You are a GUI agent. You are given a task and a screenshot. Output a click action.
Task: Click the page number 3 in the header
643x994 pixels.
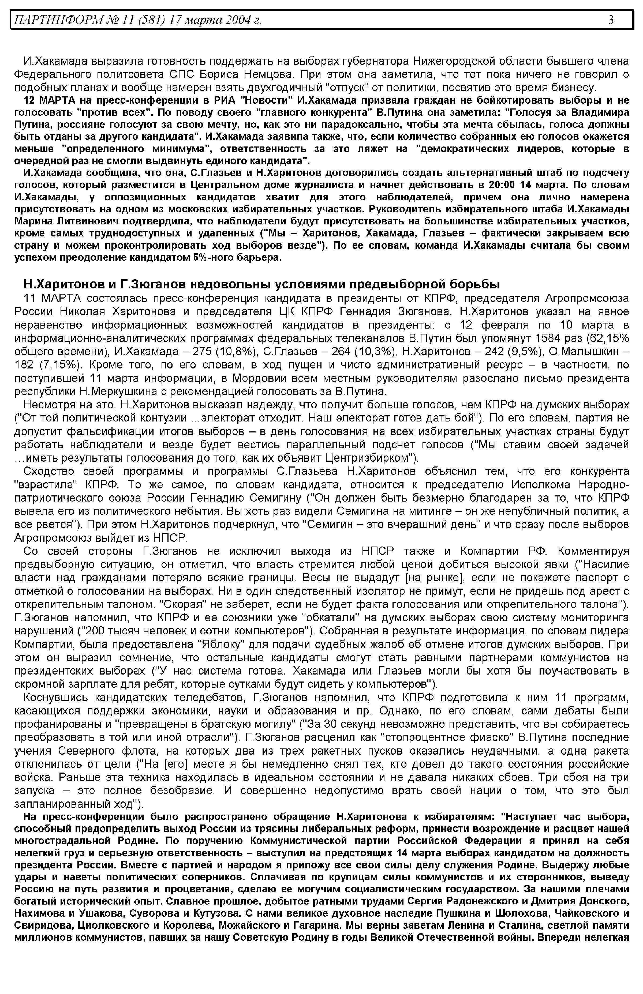pos(611,20)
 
